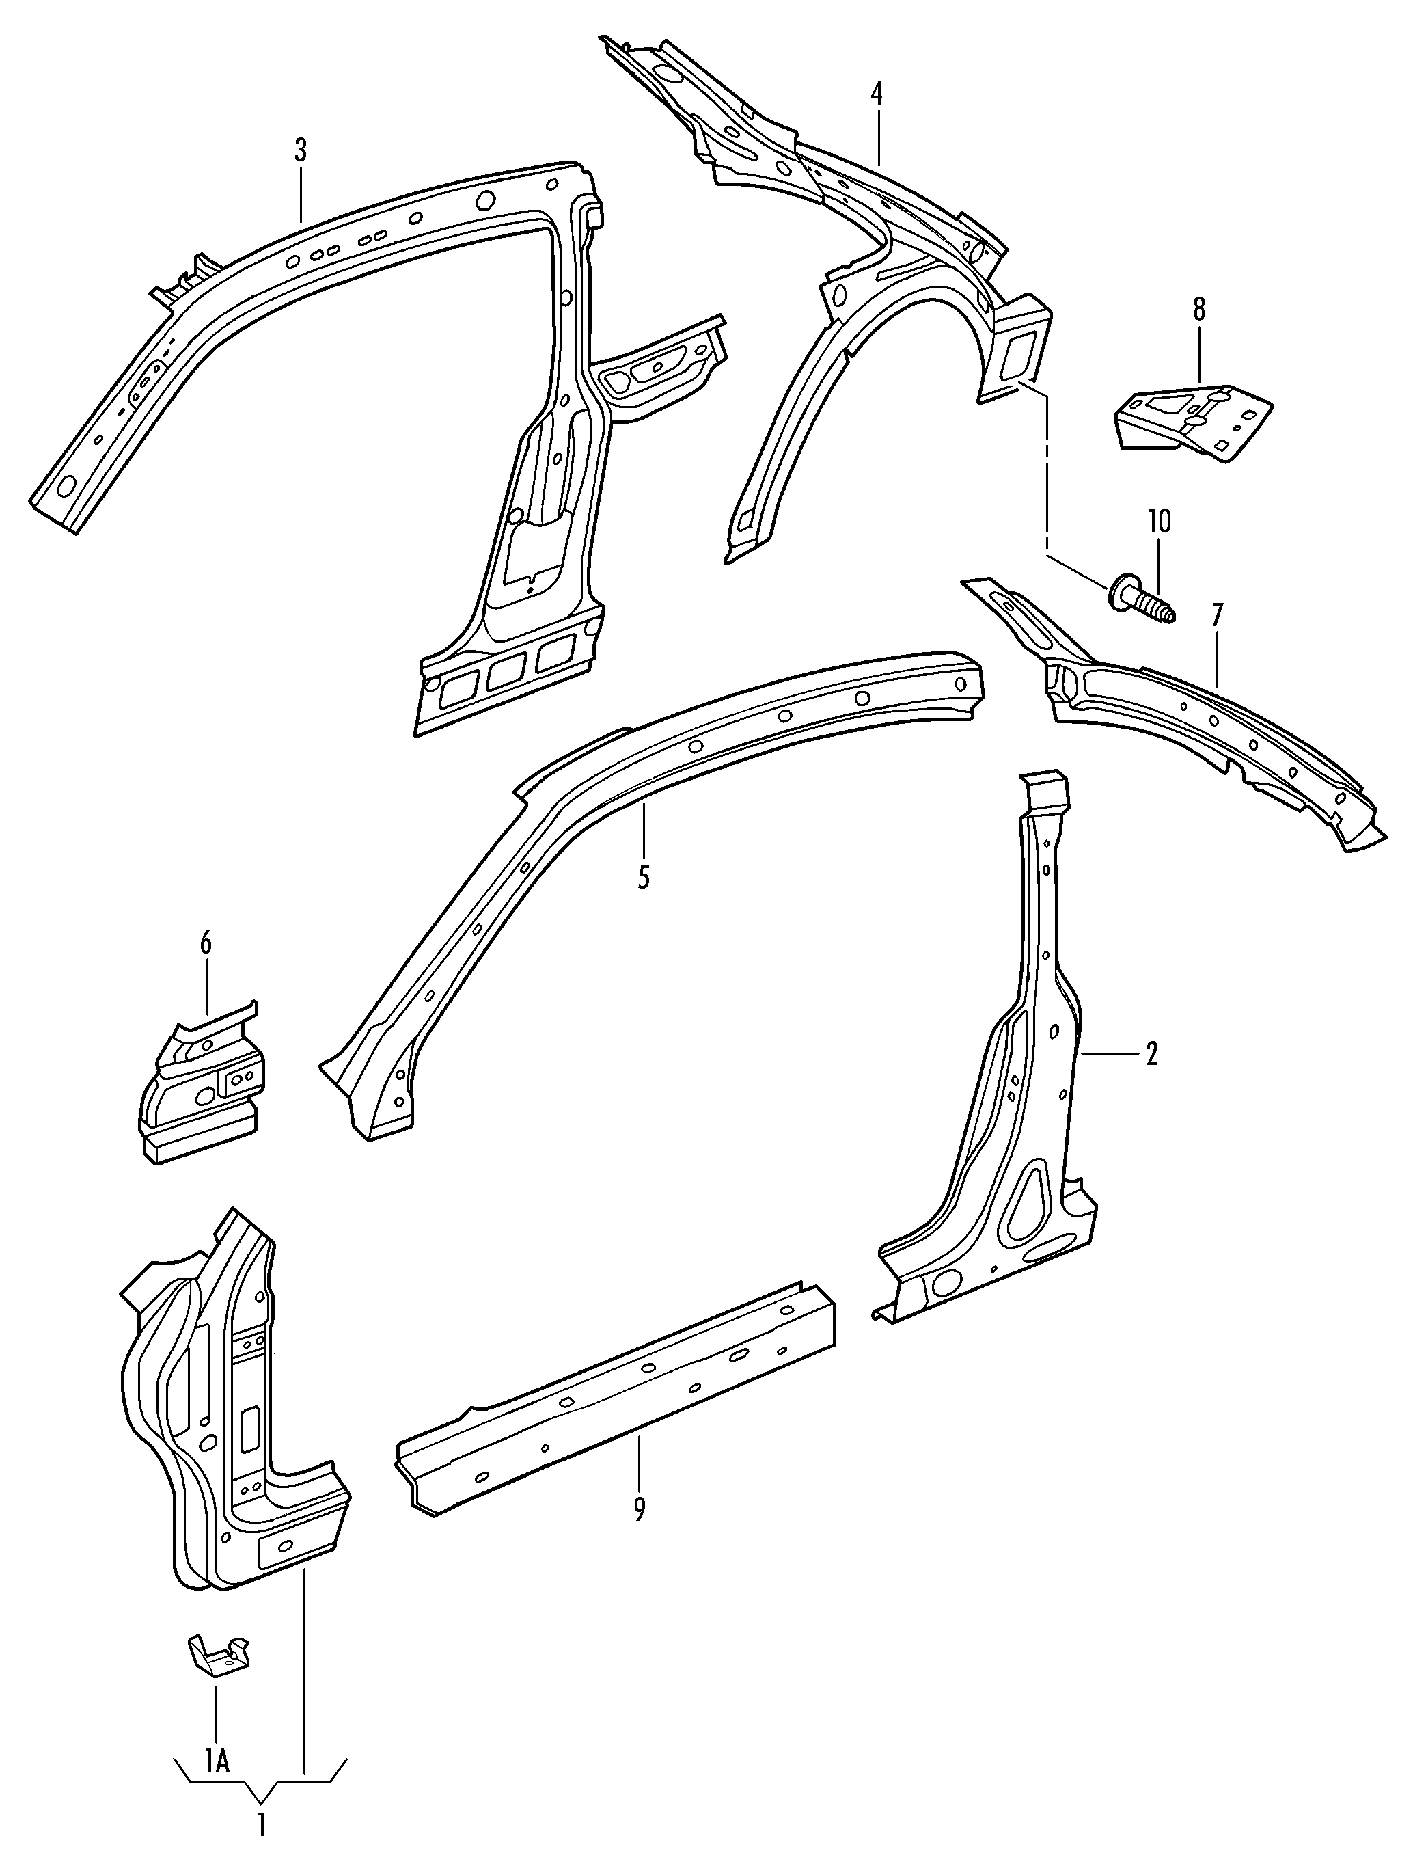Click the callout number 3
point(301,152)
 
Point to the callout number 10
point(1159,522)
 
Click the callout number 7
point(1216,616)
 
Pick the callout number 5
point(644,876)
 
